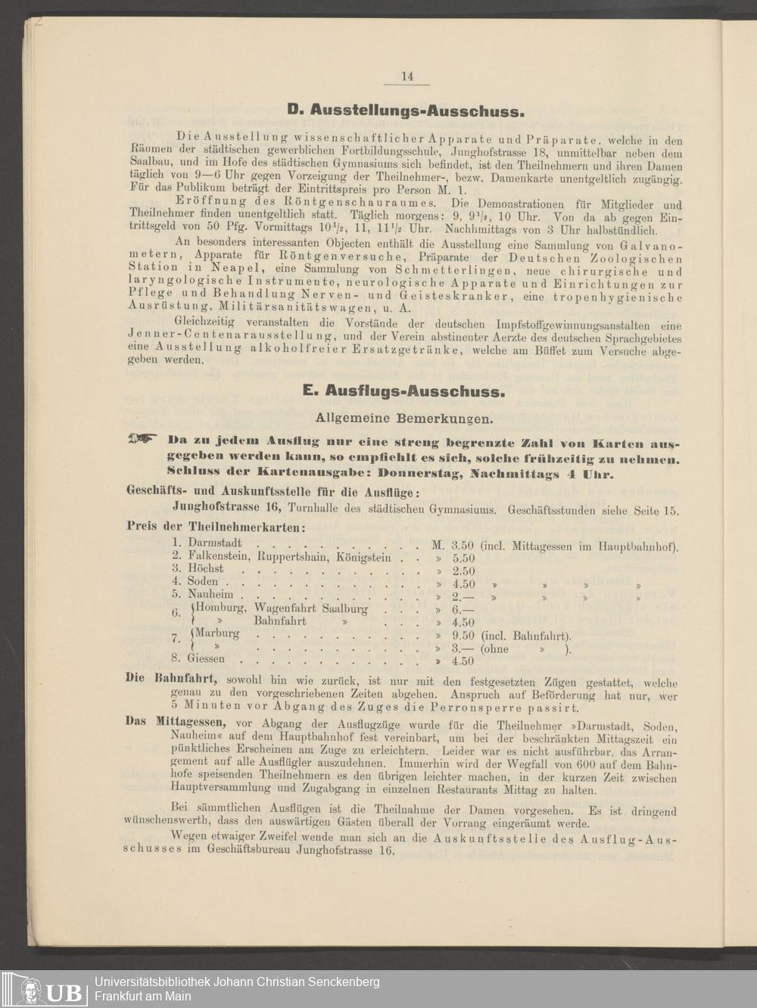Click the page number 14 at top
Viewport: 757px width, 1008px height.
click(407, 76)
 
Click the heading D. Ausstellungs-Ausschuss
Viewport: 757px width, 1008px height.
click(405, 111)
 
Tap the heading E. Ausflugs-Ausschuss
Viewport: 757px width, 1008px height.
click(403, 391)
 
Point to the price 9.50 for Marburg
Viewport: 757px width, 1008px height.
click(463, 636)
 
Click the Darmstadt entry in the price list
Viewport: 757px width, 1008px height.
click(215, 543)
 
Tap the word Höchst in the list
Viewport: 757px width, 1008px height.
click(206, 568)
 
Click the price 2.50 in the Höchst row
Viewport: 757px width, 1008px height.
click(463, 571)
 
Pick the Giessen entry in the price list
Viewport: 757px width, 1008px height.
click(206, 658)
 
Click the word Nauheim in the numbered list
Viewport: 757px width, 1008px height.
click(210, 595)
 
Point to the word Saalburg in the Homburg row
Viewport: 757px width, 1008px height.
click(344, 608)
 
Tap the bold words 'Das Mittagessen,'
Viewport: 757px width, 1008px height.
click(179, 721)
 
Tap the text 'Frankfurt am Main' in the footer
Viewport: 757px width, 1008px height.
click(142, 996)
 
